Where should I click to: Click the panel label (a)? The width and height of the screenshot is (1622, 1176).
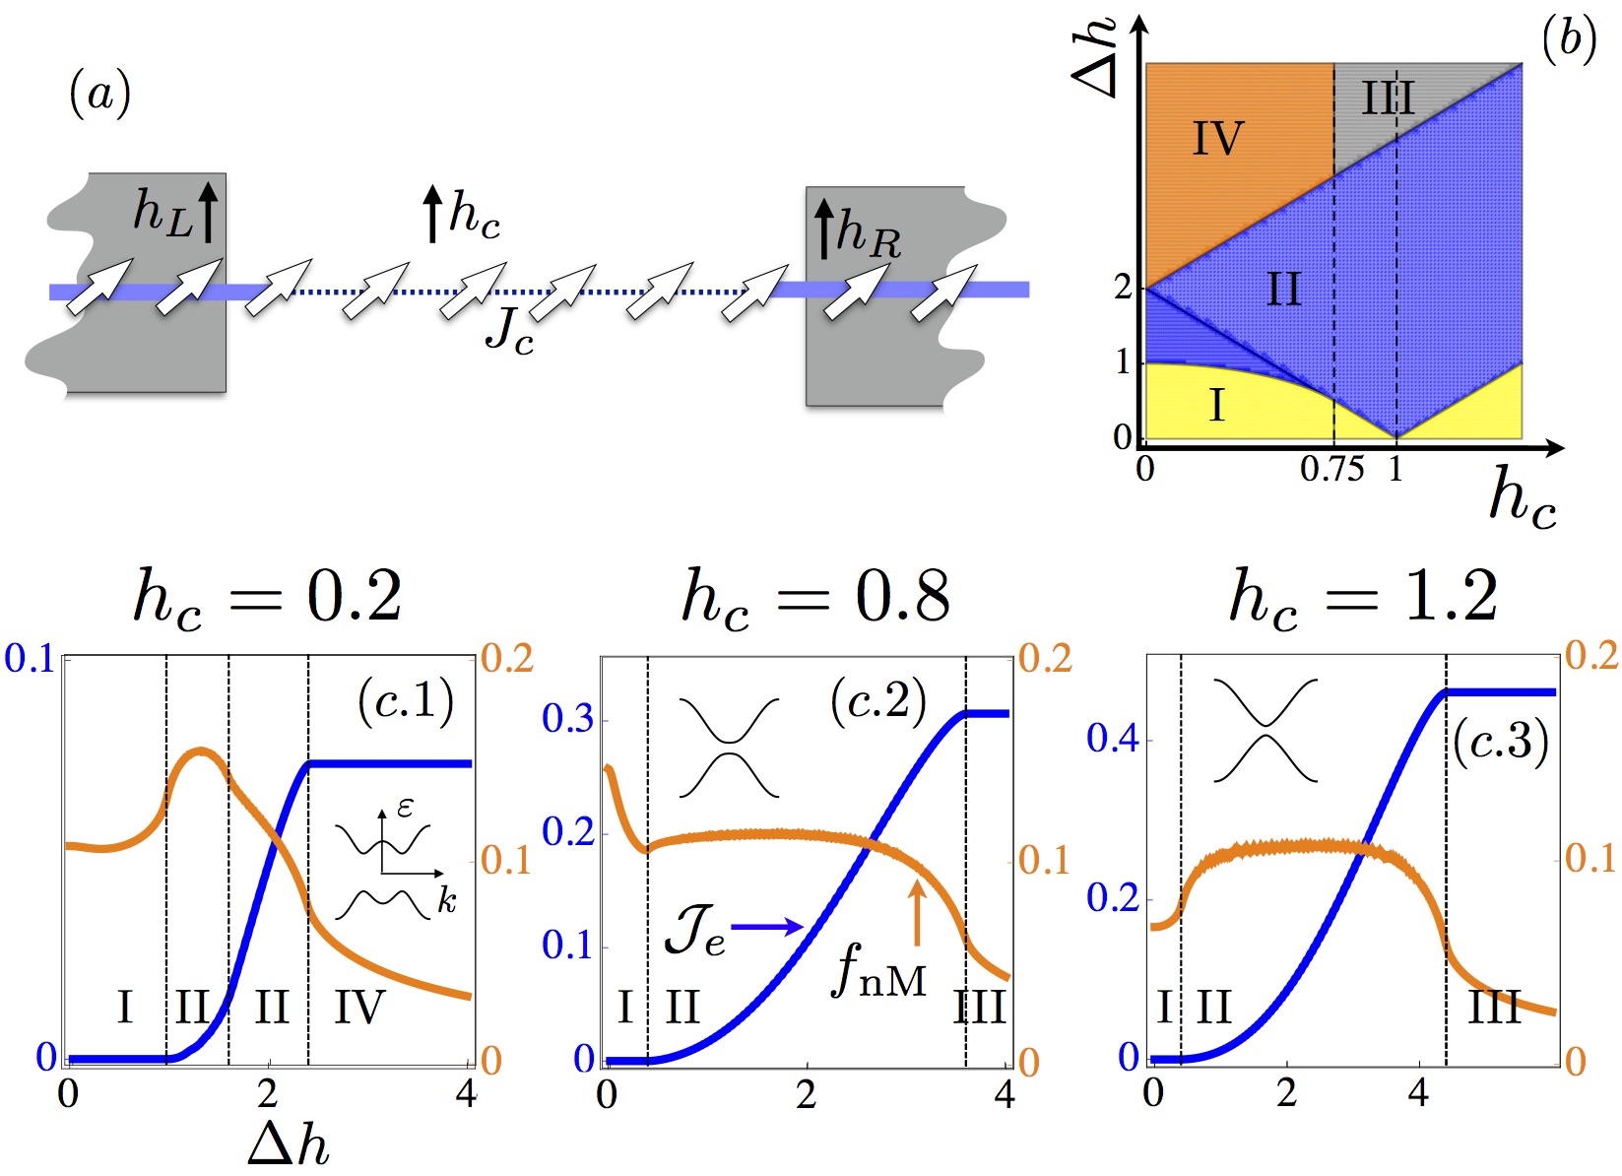[x=99, y=96]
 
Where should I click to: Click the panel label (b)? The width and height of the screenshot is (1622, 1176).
[x=1568, y=41]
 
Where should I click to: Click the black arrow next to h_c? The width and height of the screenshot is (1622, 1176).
[x=431, y=215]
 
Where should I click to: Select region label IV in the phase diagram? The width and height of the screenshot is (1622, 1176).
[x=1218, y=139]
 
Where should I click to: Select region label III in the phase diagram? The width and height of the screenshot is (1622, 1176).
[x=1389, y=98]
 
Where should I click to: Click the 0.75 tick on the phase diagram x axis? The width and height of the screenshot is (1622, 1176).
[x=1331, y=470]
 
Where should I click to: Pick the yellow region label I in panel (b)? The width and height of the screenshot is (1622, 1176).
[x=1217, y=405]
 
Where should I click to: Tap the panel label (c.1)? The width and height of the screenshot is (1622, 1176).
[x=406, y=701]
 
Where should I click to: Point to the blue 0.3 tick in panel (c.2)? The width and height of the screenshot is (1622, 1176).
[x=568, y=719]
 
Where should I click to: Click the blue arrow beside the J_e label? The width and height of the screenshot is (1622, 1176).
[x=767, y=926]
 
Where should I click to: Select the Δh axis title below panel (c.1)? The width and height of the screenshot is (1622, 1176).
[x=288, y=1145]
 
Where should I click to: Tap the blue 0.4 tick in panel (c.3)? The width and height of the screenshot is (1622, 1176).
[x=1113, y=739]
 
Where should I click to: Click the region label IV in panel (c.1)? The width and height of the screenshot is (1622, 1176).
[x=358, y=1008]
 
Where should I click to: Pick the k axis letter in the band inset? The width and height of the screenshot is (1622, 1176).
[x=446, y=900]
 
